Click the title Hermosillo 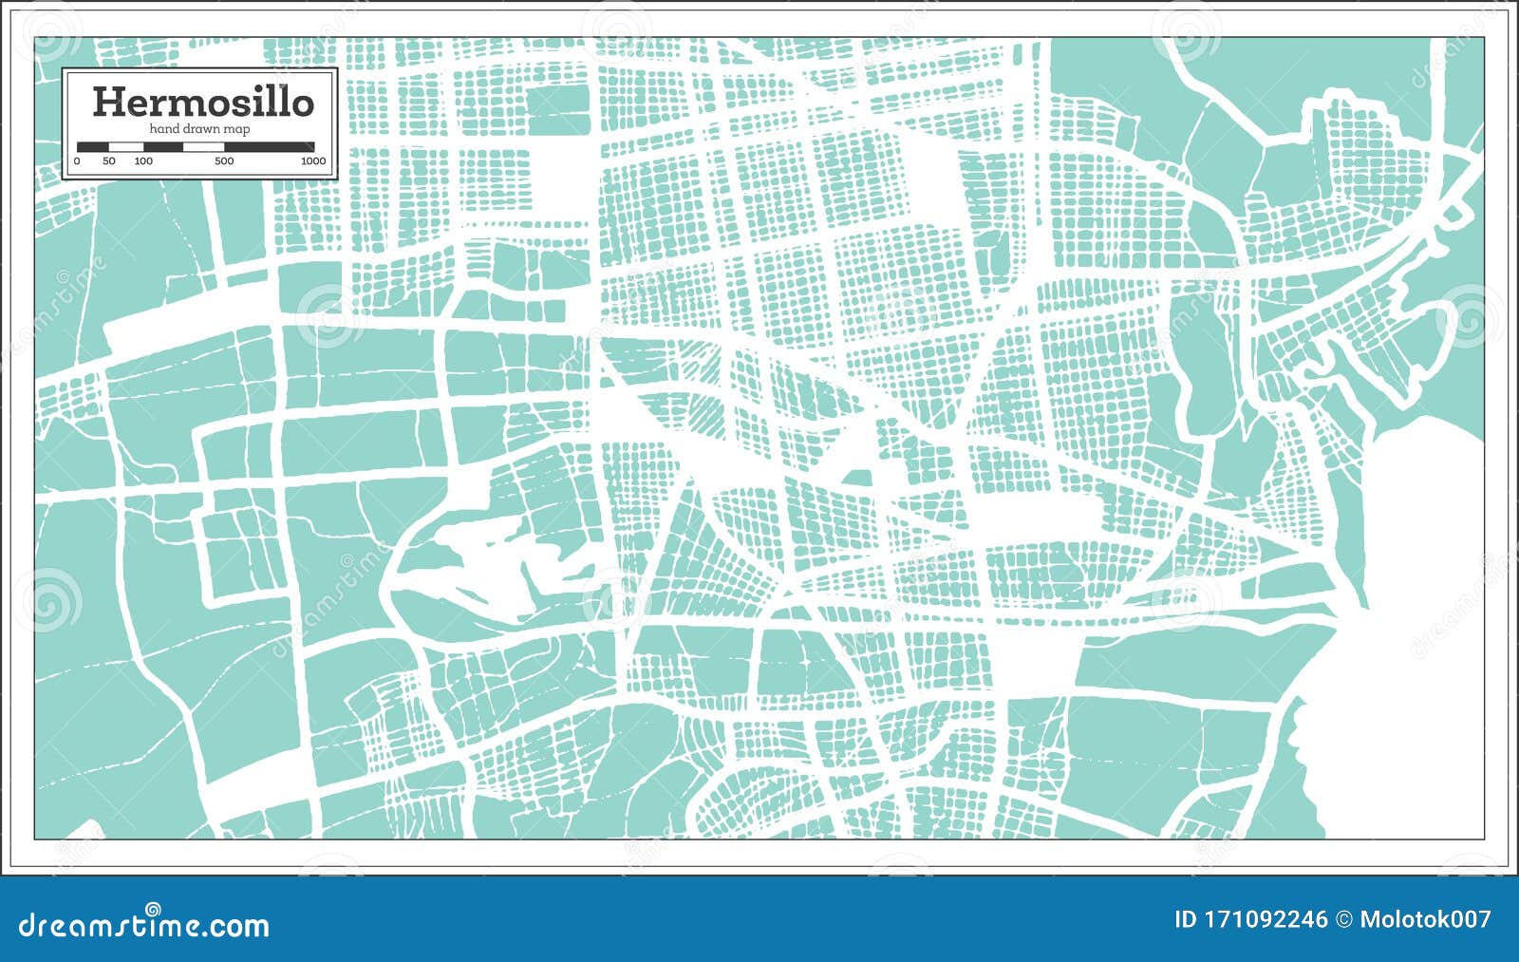202,102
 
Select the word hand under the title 165,129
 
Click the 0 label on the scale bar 77,161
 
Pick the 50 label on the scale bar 109,161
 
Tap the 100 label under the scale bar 143,161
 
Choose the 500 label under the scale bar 224,161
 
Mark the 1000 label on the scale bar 313,161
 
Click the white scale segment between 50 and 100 126,146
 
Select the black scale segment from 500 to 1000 269,146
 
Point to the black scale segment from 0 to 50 93,146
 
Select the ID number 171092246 1264,919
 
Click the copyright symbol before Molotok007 1344,919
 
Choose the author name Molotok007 1425,919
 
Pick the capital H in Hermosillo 106,102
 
